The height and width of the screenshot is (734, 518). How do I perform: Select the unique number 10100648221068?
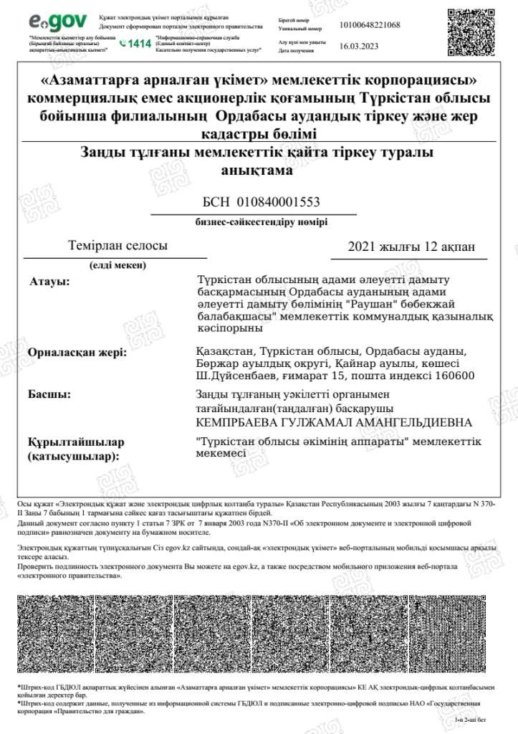pyautogui.click(x=370, y=25)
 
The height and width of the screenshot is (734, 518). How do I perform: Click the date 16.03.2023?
pyautogui.click(x=358, y=45)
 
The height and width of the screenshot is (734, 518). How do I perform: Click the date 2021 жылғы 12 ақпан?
pyautogui.click(x=411, y=247)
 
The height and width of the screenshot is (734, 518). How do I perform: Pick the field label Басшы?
pyautogui.click(x=49, y=394)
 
